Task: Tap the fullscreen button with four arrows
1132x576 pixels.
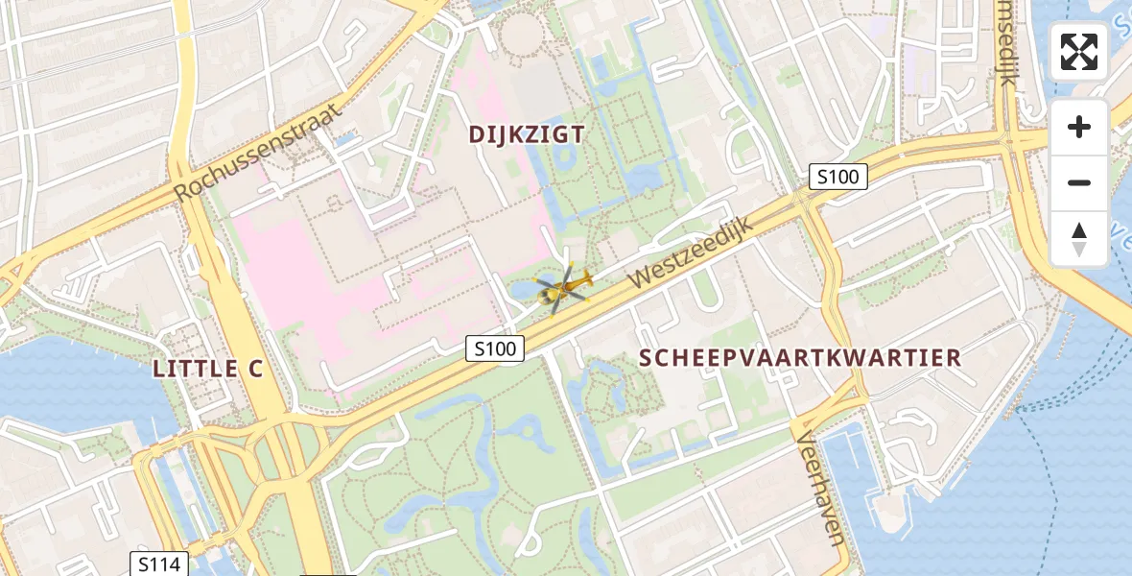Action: pyautogui.click(x=1079, y=52)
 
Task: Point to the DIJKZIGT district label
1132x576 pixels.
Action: pyautogui.click(x=527, y=135)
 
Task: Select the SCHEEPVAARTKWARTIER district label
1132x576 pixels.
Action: pyautogui.click(x=800, y=358)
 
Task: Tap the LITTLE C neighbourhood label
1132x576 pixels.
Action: pyautogui.click(x=208, y=369)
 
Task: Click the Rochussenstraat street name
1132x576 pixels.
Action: pyautogui.click(x=257, y=155)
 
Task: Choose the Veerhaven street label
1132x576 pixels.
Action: pyautogui.click(x=821, y=487)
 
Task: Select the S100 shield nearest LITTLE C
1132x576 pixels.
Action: pyautogui.click(x=495, y=349)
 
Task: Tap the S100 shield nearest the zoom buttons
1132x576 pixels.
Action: pyautogui.click(x=838, y=177)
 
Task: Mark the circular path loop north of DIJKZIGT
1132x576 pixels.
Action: pyautogui.click(x=522, y=34)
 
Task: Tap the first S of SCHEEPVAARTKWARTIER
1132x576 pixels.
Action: pyautogui.click(x=646, y=358)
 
